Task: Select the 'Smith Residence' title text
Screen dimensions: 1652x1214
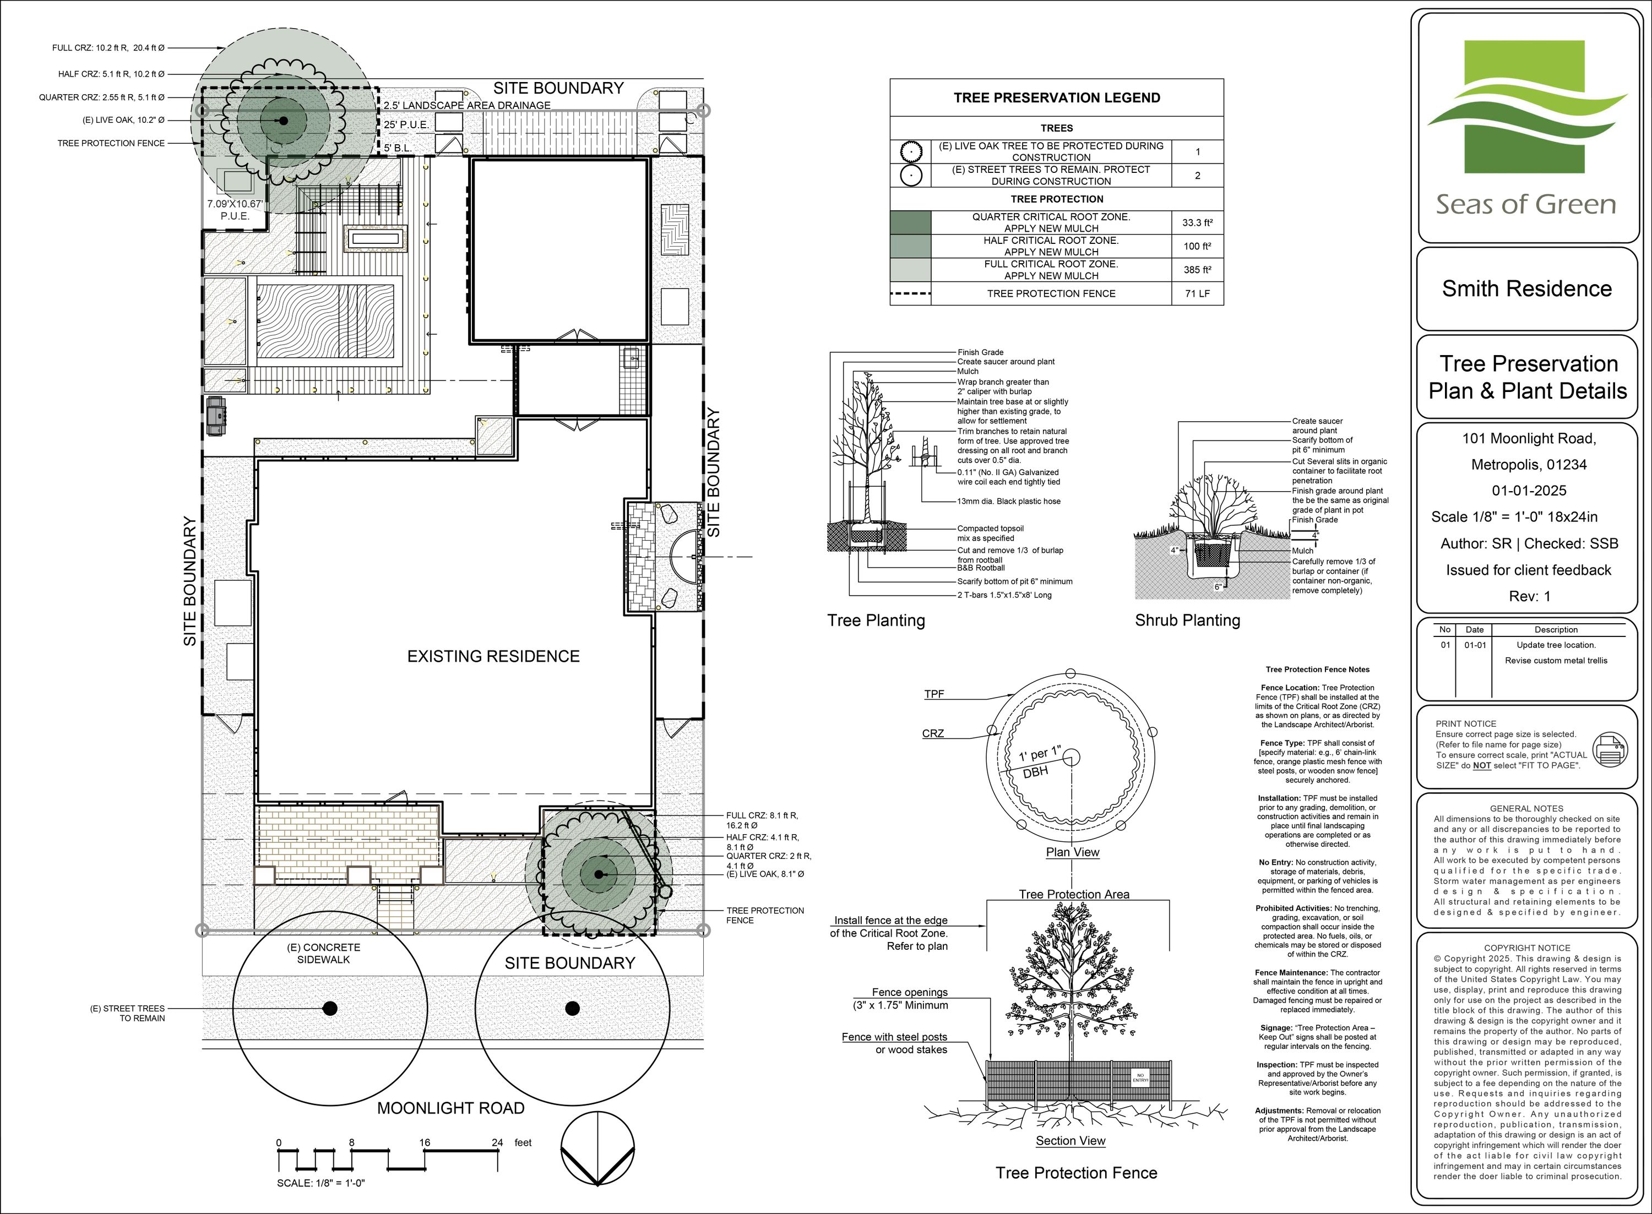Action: click(1526, 289)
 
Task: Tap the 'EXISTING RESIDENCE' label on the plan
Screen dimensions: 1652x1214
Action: click(493, 656)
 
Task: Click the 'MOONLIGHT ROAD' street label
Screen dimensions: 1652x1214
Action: click(450, 1108)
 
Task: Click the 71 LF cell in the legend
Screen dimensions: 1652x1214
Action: click(1197, 293)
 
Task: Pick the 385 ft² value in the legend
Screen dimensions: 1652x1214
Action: click(1197, 270)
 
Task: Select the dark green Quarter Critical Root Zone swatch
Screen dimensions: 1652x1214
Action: click(910, 222)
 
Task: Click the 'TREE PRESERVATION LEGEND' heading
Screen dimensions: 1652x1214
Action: click(1057, 98)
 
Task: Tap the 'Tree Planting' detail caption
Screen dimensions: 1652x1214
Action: click(876, 620)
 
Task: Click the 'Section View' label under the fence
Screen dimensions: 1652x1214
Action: click(1070, 1141)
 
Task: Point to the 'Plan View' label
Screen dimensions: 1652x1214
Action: click(1073, 852)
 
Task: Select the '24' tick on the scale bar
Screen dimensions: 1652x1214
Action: click(497, 1143)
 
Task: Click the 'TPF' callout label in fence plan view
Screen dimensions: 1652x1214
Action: click(934, 694)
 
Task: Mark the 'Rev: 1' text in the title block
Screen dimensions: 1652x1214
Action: click(1529, 596)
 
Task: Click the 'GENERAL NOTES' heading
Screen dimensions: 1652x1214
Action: click(1526, 808)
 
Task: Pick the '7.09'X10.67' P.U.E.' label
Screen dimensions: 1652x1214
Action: click(235, 209)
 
